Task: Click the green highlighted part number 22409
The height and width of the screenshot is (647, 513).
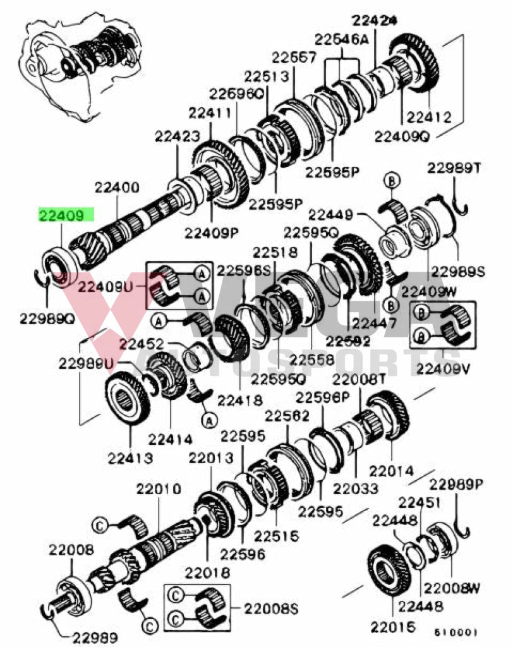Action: tap(66, 215)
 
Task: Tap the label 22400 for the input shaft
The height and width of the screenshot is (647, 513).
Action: tap(117, 188)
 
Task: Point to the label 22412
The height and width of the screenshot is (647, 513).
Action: tap(428, 117)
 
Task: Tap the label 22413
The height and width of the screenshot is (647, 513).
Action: tap(129, 457)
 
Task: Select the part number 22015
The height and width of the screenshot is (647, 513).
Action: tap(393, 627)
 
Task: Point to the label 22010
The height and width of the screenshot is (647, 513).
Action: tap(159, 489)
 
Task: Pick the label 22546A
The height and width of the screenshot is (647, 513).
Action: tap(342, 39)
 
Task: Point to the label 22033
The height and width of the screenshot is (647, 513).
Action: tap(356, 488)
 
